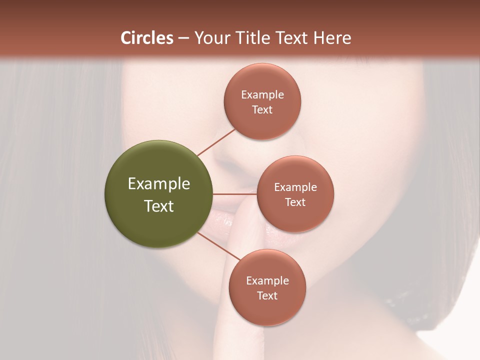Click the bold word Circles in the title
(x=147, y=38)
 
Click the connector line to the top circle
(x=216, y=142)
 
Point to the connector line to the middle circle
(x=235, y=194)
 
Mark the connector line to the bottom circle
(x=216, y=245)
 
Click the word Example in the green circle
(x=159, y=184)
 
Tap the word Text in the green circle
(x=159, y=206)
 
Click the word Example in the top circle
(x=262, y=95)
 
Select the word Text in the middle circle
(x=295, y=202)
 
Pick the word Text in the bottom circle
(x=267, y=296)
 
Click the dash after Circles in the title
(x=183, y=38)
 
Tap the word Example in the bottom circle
(x=267, y=281)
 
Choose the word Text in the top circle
(x=262, y=110)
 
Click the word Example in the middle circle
(x=295, y=187)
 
